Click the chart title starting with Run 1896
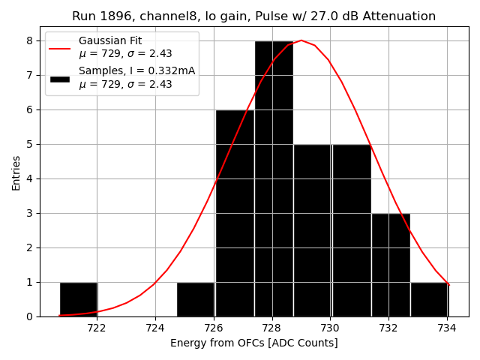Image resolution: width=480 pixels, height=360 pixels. tap(253, 16)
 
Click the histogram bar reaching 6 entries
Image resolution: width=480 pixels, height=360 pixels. tap(234, 213)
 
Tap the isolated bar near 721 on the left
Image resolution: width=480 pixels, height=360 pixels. tap(78, 299)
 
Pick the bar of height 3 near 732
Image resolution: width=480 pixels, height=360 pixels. tap(390, 265)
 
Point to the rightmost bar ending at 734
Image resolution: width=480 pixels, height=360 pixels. tap(429, 299)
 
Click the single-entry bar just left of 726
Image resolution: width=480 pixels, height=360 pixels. tap(195, 299)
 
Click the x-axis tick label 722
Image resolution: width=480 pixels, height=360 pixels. tap(97, 328)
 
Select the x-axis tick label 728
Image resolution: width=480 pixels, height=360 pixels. tap(271, 328)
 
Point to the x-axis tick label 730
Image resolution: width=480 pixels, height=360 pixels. tap(330, 328)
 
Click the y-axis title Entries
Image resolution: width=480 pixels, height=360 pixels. tap(16, 172)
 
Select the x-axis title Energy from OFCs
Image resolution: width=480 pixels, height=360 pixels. tap(253, 343)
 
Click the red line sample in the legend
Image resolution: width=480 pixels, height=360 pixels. tap(60, 48)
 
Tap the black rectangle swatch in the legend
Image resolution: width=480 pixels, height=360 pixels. tap(60, 78)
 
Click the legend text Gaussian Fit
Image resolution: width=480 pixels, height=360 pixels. tap(110, 41)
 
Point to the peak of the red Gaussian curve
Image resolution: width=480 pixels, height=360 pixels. tap(301, 40)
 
